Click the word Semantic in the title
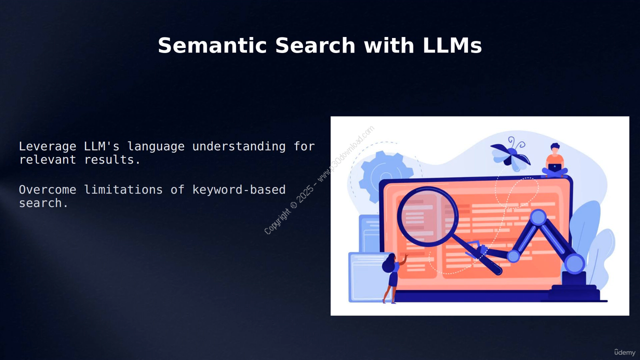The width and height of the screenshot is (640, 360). click(212, 45)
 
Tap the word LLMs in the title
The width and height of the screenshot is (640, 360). click(452, 45)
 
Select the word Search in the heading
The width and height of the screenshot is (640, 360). click(315, 45)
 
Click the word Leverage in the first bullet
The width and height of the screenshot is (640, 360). click(47, 147)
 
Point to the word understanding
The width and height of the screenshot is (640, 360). click(239, 146)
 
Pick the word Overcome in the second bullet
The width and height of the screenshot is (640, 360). click(47, 189)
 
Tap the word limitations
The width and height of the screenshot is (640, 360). click(123, 189)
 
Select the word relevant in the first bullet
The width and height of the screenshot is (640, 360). click(47, 159)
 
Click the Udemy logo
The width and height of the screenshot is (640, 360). click(624, 352)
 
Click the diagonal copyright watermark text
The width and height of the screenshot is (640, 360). click(319, 180)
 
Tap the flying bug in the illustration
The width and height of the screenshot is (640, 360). click(510, 154)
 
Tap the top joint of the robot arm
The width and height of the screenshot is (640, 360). click(538, 217)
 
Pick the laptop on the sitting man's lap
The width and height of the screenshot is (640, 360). click(554, 167)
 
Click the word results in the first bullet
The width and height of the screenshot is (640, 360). click(112, 159)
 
